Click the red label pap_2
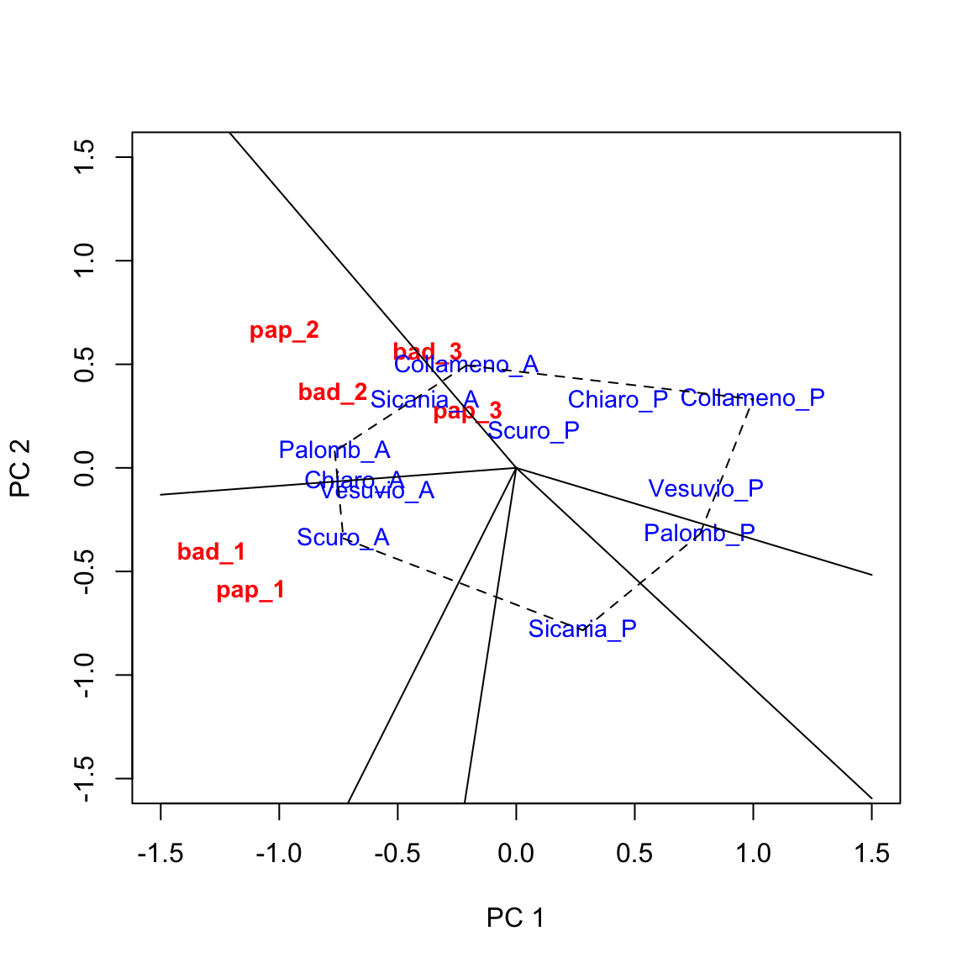point(284,330)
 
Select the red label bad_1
point(211,552)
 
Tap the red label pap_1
point(250,591)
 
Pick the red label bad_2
point(333,392)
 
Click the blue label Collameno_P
point(752,398)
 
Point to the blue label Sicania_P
point(582,629)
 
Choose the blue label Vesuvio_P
point(706,488)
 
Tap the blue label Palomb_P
point(699,533)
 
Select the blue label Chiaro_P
point(618,400)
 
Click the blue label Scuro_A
point(343,538)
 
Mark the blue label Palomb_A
point(334,450)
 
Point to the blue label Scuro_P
point(534,431)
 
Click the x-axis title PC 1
point(515,918)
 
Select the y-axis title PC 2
point(21,468)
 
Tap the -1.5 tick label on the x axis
point(160,854)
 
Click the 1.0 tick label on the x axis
point(753,854)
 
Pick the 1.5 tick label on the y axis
point(84,157)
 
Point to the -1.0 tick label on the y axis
point(84,675)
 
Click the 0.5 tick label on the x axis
point(634,854)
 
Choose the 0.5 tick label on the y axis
point(84,365)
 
